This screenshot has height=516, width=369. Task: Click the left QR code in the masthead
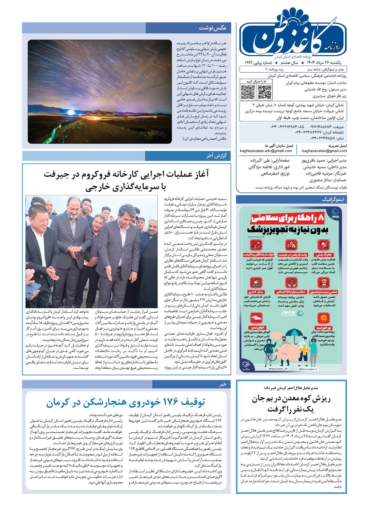click(x=247, y=92)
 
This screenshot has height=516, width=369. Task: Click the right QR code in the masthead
click(x=265, y=92)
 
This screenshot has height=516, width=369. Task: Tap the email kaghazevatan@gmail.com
click(x=324, y=151)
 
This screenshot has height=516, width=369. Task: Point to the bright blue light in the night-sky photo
click(x=71, y=112)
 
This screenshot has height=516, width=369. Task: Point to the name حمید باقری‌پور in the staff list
click(x=314, y=161)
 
